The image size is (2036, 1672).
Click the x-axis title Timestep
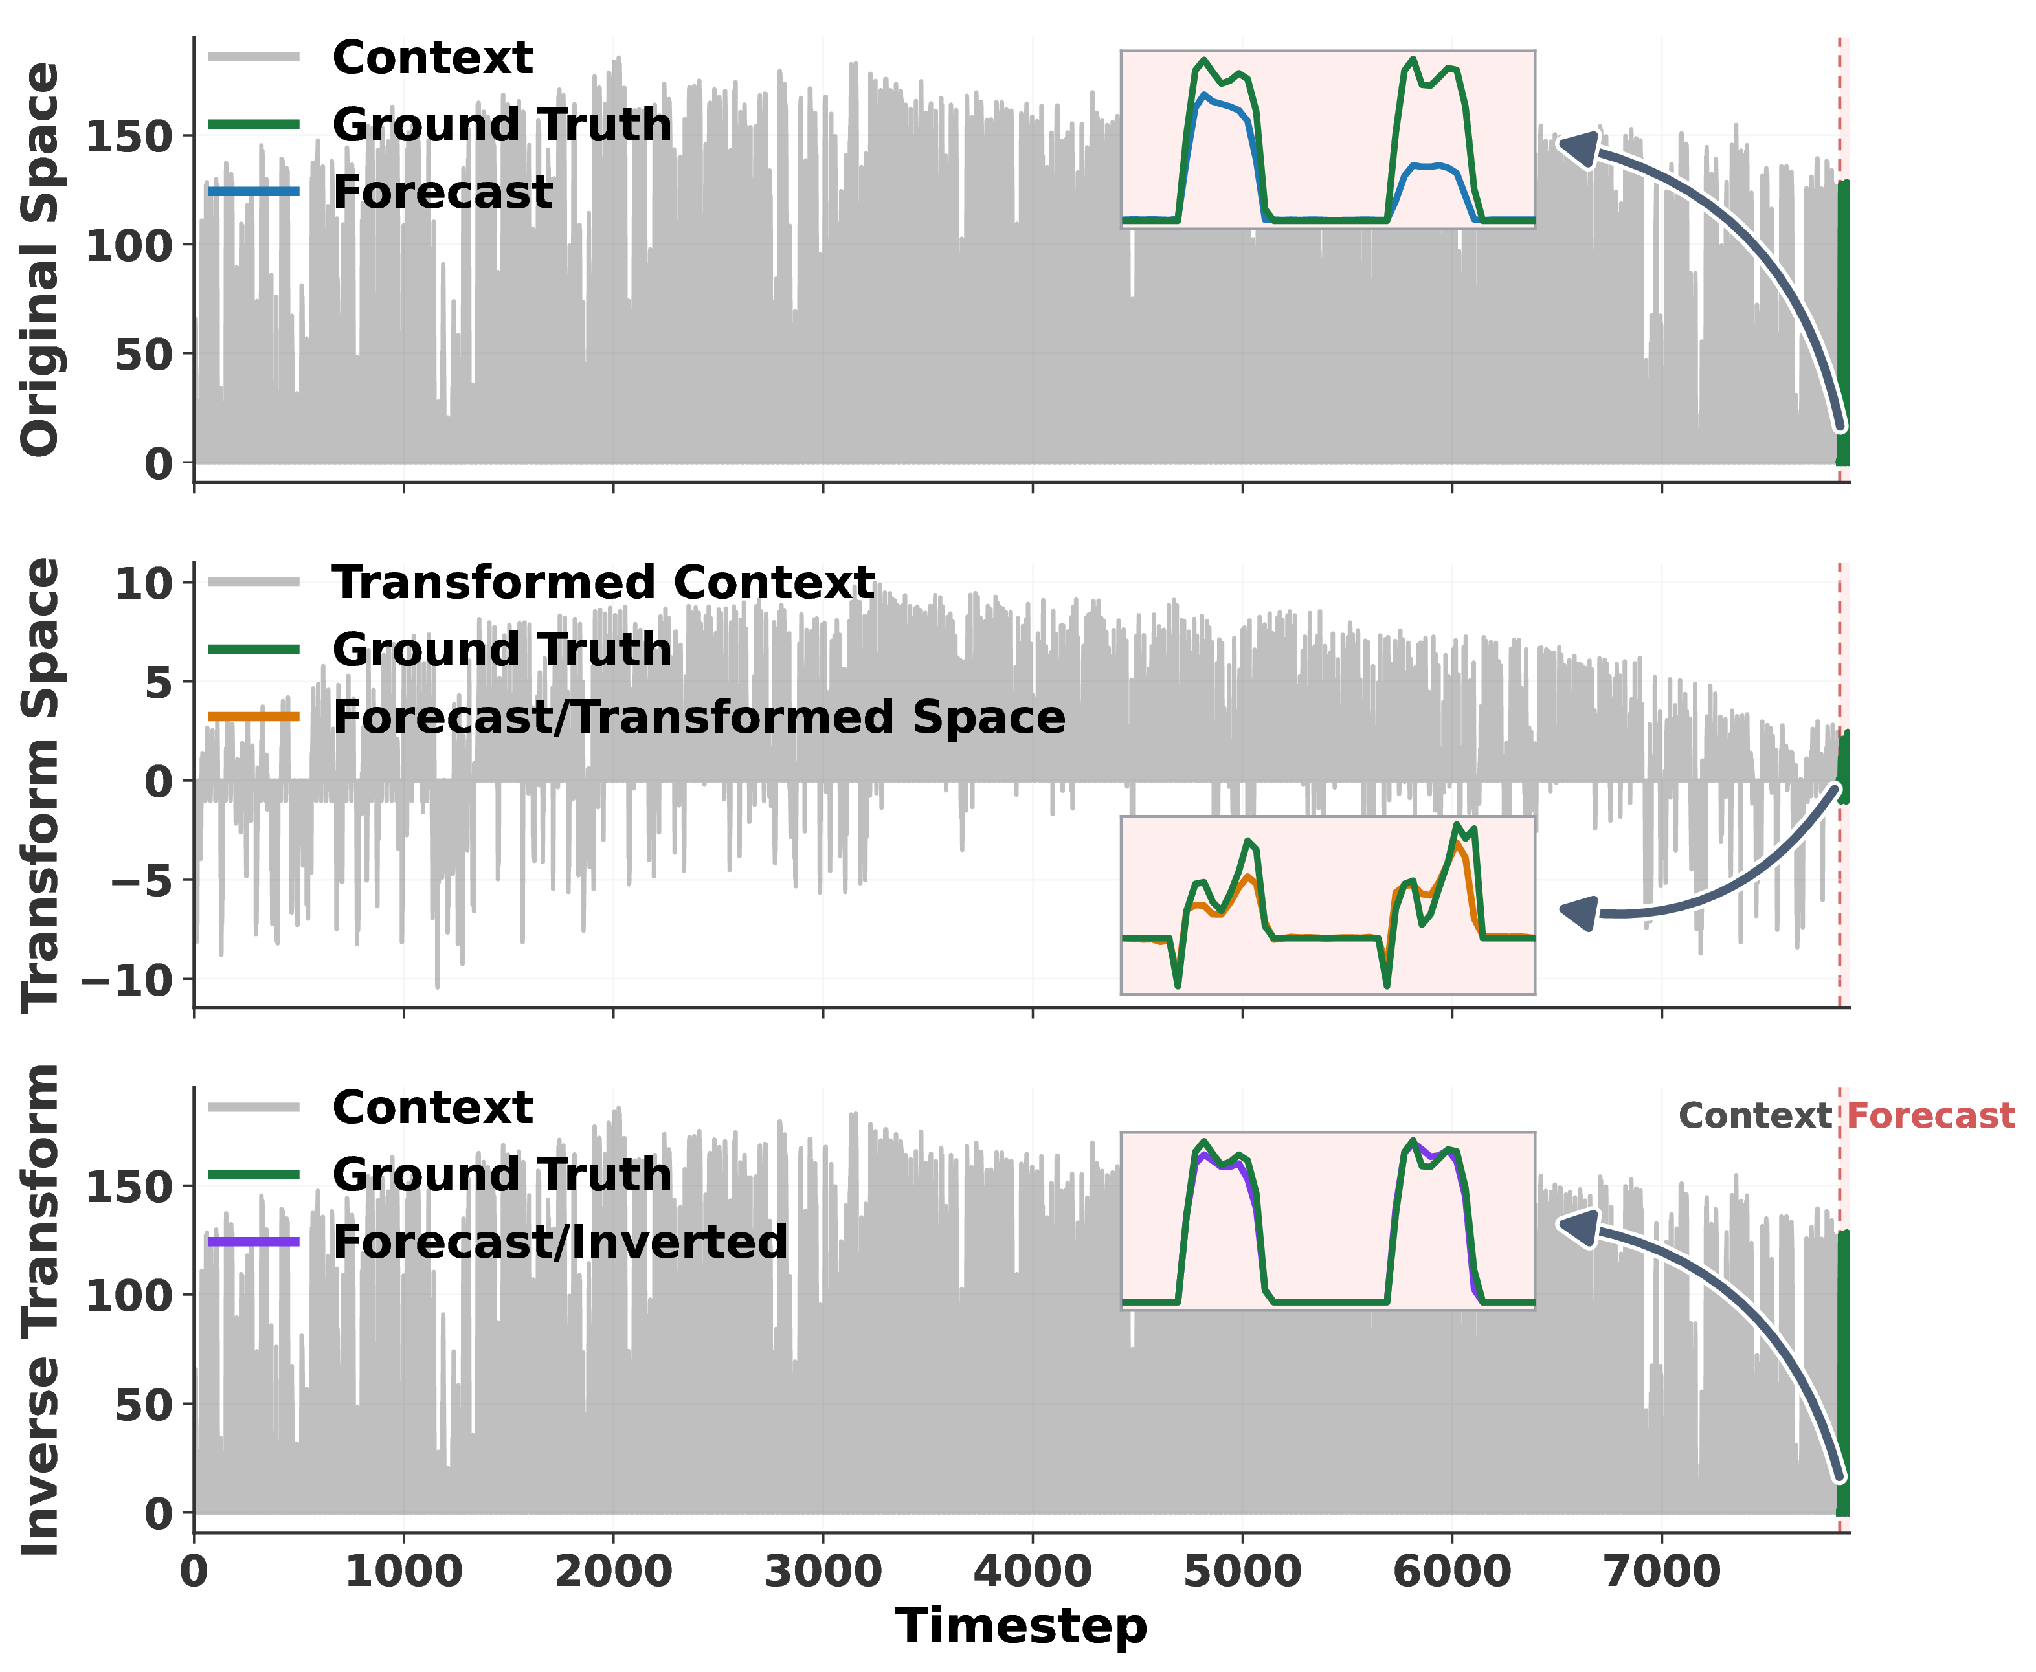coord(1021,1626)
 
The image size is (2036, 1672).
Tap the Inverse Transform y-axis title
coord(40,1310)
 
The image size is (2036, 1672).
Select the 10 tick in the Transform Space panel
coord(144,584)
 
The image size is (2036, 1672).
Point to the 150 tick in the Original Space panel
coord(129,137)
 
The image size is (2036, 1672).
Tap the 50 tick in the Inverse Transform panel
coord(144,1405)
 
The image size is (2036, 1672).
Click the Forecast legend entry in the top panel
coord(381,192)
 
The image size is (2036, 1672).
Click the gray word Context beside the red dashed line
coord(1755,1115)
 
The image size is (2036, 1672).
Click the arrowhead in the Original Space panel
coord(1578,150)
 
